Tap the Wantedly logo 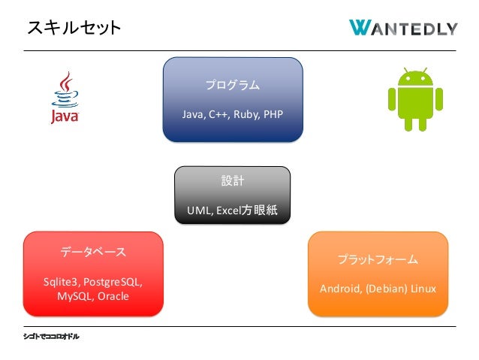click(403, 28)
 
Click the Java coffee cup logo click(65, 98)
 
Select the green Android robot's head click(414, 77)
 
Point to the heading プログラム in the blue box click(233, 86)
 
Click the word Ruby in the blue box click(245, 115)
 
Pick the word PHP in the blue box click(272, 115)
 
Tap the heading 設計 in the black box click(232, 182)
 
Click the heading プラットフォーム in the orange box click(378, 259)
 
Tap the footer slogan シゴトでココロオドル click(51, 336)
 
